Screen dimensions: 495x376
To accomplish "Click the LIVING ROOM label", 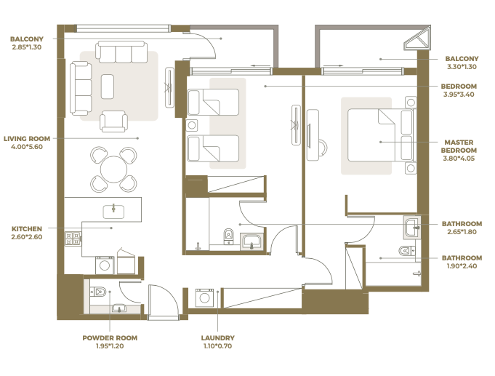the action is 27,139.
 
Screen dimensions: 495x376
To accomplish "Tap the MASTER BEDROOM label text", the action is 459,146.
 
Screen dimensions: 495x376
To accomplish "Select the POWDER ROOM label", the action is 110,337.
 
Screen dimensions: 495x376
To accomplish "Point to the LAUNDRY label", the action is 218,337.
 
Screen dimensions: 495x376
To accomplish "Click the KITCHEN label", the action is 27,229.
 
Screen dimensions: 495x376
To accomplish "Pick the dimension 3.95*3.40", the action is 459,94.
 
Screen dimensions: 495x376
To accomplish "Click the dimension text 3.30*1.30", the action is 462,67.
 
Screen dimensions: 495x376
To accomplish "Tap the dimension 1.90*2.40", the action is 462,266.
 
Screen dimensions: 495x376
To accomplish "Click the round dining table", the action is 113,169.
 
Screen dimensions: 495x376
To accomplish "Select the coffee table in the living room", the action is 108,87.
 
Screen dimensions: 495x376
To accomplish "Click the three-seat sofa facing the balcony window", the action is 121,52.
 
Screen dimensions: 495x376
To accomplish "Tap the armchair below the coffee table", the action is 113,121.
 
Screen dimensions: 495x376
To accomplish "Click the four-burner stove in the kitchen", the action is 73,239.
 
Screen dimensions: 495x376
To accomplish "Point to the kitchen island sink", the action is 113,212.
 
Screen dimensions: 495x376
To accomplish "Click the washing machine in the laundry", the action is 204,297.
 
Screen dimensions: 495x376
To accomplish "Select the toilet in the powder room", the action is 98,292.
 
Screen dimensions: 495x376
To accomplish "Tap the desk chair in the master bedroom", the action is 323,148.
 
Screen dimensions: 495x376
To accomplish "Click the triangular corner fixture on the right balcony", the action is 417,39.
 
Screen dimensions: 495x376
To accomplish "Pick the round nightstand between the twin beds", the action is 192,125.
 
